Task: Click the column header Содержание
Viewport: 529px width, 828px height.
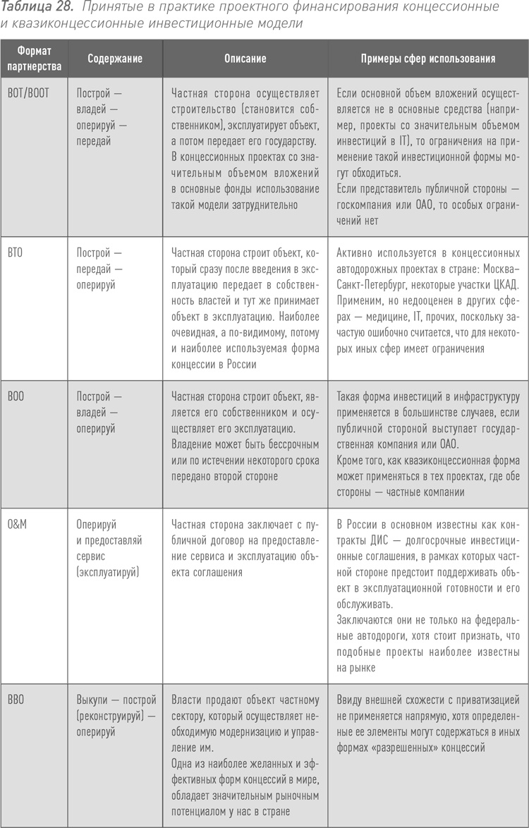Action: (x=115, y=59)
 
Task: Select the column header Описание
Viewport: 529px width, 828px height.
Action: (x=245, y=59)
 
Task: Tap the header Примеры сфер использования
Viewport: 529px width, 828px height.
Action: (x=427, y=59)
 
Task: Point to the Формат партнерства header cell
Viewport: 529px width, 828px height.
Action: (x=35, y=59)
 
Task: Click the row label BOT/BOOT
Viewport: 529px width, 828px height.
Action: (x=28, y=93)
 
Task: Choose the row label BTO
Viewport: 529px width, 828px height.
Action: (x=15, y=252)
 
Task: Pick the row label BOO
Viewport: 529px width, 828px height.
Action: (x=16, y=397)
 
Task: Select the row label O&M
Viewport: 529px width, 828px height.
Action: (x=17, y=525)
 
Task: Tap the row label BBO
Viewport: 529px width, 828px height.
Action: (x=16, y=700)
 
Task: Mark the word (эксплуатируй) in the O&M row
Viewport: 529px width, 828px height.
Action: (x=108, y=573)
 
